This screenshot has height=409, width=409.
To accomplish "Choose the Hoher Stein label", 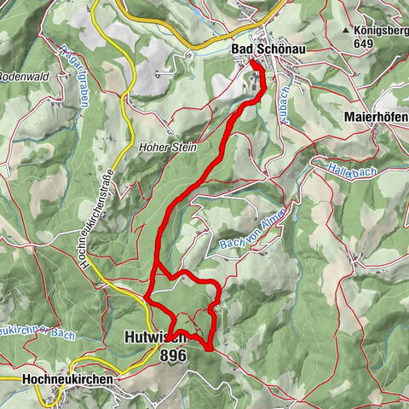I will tap(167, 147).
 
